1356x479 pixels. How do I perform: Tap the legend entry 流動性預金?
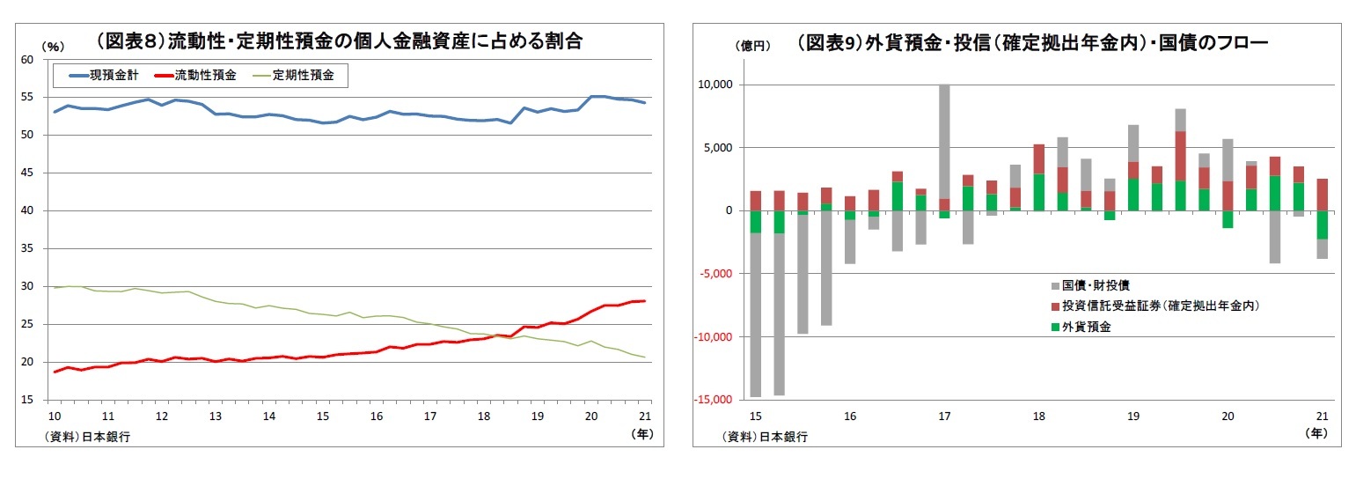[205, 76]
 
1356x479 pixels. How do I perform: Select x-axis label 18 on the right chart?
[1038, 416]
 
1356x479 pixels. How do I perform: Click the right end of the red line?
[643, 301]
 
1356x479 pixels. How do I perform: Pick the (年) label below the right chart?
[1316, 432]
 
